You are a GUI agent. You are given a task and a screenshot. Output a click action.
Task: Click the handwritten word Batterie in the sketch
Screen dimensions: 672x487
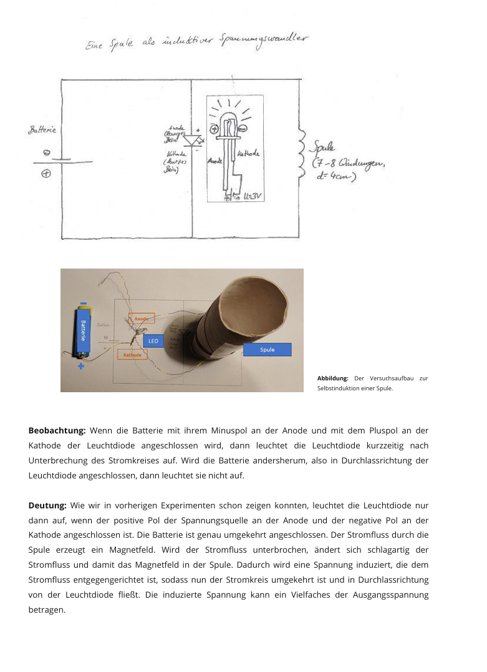42,130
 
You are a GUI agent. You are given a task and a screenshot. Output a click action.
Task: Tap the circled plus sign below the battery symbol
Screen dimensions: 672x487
46,174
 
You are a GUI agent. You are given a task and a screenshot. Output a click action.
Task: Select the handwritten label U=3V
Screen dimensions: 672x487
252,196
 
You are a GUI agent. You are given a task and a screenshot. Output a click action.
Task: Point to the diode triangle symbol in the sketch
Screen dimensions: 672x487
191,141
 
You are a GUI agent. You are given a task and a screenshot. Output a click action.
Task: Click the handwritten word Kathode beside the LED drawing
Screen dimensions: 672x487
249,153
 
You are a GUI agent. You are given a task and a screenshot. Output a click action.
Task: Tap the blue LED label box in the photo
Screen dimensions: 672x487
154,340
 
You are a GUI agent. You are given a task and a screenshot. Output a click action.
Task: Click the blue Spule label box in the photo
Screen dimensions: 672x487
267,349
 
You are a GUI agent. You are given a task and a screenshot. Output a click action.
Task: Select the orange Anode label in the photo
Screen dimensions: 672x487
141,319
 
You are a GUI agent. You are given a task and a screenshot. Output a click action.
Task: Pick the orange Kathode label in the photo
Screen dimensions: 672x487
132,354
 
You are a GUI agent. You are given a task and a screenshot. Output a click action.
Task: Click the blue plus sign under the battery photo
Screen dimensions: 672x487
81,366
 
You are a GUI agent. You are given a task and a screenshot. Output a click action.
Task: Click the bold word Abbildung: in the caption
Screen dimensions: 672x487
332,378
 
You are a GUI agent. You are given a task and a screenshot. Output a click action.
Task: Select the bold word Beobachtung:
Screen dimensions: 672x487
57,430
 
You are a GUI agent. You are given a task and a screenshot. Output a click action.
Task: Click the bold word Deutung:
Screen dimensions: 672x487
47,505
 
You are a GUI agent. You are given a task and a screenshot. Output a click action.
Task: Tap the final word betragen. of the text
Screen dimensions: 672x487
47,610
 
